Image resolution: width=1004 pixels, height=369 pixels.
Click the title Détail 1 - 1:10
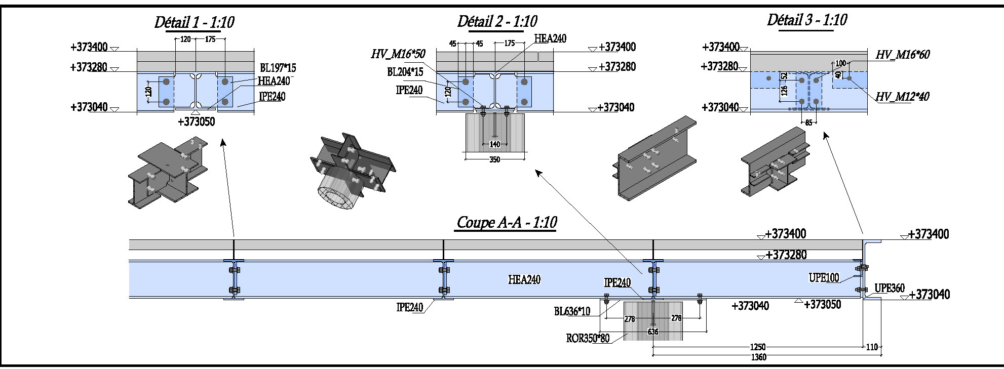point(194,22)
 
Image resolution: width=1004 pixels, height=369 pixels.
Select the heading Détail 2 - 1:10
point(497,21)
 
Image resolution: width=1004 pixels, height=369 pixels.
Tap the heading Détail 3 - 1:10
point(806,20)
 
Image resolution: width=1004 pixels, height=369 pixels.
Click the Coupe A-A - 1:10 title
point(507,222)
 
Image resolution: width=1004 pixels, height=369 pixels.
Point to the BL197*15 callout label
point(278,68)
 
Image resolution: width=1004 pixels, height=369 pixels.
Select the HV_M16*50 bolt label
point(398,54)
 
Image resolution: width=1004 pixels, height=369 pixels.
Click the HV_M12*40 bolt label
point(902,97)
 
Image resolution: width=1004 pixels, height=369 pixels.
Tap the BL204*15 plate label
point(405,72)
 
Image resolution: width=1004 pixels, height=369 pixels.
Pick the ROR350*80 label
point(588,338)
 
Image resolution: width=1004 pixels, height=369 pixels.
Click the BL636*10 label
point(572,312)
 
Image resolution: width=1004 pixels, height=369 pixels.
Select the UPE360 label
point(890,288)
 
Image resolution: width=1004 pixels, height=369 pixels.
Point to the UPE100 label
point(824,277)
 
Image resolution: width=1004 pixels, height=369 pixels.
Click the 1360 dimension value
point(758,357)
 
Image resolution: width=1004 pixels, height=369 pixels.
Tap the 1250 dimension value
point(758,347)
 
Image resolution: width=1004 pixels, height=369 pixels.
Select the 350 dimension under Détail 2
point(494,160)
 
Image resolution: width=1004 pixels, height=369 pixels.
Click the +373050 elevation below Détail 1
point(196,122)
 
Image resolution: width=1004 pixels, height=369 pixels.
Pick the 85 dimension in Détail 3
point(808,122)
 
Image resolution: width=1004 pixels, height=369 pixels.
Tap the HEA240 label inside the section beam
point(524,279)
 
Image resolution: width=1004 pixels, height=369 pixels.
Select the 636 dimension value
point(653,332)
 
